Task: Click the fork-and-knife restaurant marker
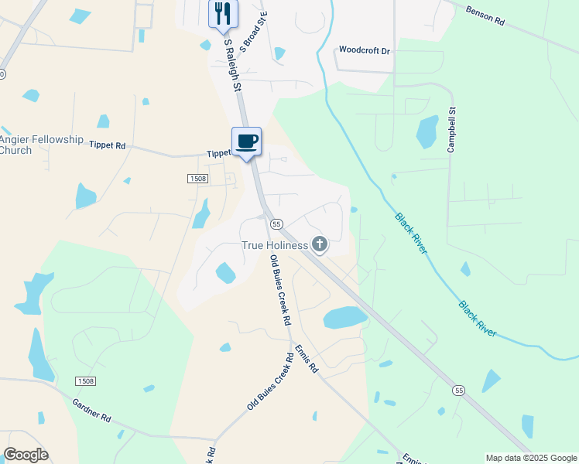pos(223,13)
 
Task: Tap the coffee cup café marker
pos(247,142)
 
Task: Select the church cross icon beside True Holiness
pos(319,245)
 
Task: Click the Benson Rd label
pos(485,16)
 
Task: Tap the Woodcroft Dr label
pos(365,50)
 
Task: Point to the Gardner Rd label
pos(92,410)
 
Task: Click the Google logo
pos(26,455)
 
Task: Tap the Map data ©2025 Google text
pos(531,458)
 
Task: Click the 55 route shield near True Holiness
pos(275,224)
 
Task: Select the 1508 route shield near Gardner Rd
pos(86,381)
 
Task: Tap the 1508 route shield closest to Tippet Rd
pos(197,179)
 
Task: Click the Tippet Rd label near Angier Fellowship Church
pos(107,145)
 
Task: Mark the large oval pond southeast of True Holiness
pos(344,317)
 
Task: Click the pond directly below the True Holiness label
pos(225,273)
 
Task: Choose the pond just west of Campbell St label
pos(427,131)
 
